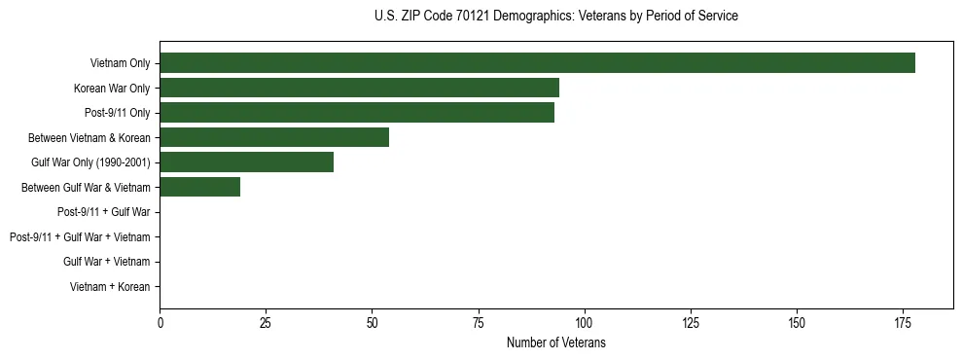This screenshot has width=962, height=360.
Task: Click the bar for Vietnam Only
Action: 537,63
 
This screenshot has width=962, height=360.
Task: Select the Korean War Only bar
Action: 359,89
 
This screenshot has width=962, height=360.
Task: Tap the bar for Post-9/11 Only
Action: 357,113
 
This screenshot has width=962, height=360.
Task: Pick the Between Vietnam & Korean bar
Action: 274,138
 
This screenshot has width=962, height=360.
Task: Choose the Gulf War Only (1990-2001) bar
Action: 246,162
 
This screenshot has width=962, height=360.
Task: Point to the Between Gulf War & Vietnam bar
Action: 199,188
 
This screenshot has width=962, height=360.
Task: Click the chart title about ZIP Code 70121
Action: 555,17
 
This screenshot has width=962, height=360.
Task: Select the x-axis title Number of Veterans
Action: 555,342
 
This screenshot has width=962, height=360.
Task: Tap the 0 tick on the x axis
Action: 160,322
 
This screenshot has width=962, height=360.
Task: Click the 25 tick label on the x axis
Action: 266,322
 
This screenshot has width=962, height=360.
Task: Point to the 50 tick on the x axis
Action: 372,322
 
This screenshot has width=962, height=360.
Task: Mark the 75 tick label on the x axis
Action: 478,322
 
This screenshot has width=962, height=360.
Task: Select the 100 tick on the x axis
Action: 584,322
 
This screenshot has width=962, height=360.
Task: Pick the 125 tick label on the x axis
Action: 690,322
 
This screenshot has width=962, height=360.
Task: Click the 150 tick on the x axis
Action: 796,322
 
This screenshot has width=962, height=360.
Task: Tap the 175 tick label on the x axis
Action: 902,322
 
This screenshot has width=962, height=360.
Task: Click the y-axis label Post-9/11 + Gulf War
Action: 103,212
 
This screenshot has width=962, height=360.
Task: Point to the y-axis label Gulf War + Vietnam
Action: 107,262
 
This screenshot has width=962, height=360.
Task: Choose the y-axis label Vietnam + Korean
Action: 110,287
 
